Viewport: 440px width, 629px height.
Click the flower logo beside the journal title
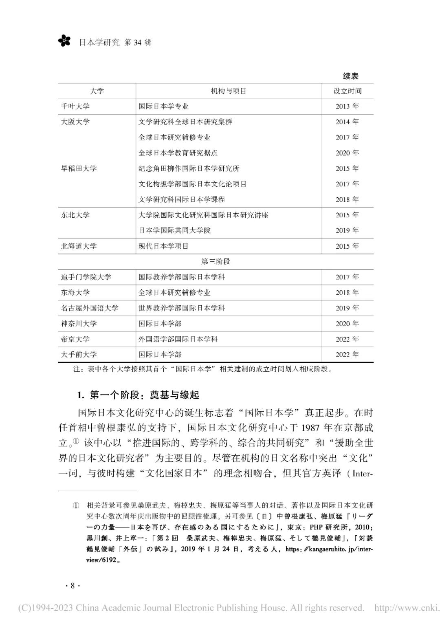click(x=64, y=40)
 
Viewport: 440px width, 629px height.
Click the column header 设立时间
click(x=347, y=91)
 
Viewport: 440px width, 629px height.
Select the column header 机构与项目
click(x=229, y=91)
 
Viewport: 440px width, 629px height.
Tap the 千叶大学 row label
click(x=75, y=106)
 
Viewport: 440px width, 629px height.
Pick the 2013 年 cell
click(x=347, y=106)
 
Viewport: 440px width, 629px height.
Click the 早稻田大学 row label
click(x=79, y=168)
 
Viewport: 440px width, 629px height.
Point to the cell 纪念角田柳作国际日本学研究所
click(x=189, y=168)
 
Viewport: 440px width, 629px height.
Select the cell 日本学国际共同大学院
click(x=174, y=230)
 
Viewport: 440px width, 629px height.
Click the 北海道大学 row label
click(x=79, y=246)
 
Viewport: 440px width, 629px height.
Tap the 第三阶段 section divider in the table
click(x=216, y=261)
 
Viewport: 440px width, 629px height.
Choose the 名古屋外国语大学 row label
click(x=90, y=308)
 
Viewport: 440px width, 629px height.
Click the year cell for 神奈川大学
click(x=347, y=323)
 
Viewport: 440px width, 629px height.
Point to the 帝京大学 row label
click(x=75, y=339)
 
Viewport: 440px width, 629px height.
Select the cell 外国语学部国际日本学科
click(x=178, y=339)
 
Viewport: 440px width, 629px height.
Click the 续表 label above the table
click(x=350, y=76)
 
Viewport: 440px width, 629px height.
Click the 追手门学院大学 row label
click(x=86, y=277)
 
